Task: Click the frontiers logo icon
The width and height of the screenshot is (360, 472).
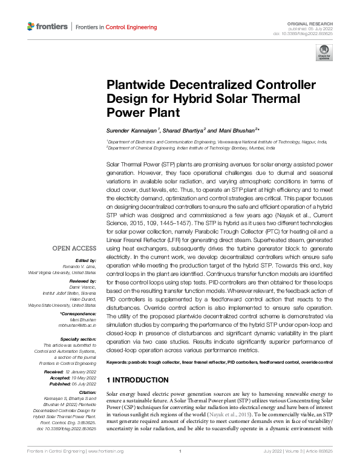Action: (31, 27)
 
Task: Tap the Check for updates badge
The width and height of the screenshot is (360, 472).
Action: (323, 54)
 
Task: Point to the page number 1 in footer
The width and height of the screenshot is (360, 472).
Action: (180, 468)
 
